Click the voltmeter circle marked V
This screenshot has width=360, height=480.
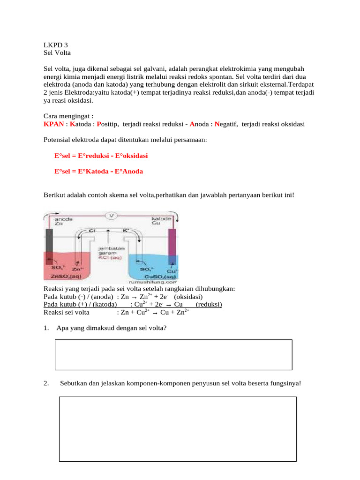point(112,216)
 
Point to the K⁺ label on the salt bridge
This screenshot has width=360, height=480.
point(126,231)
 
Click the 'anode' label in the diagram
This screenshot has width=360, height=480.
point(63,219)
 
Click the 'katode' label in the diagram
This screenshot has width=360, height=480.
point(161,219)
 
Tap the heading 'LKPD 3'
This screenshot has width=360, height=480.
point(52,45)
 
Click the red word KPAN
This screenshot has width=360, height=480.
point(53,124)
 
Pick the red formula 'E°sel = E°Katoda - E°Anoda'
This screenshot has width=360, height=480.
point(98,171)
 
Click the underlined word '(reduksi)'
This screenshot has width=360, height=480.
point(209,305)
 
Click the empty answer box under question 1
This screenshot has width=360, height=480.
point(174,355)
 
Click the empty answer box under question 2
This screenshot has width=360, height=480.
point(178,429)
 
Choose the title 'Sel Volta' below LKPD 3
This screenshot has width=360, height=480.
point(57,52)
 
